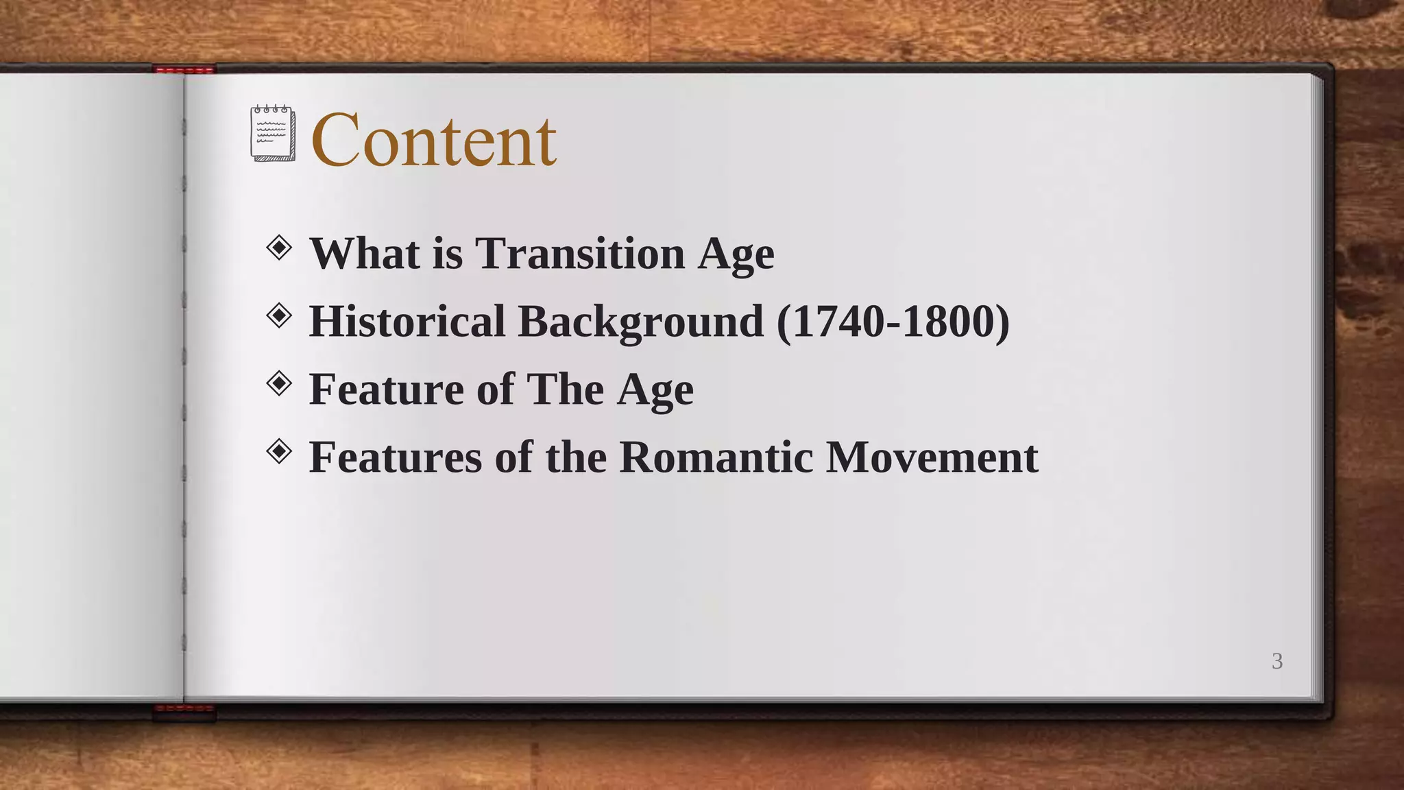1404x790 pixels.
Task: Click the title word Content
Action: point(433,141)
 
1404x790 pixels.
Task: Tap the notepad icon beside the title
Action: point(273,134)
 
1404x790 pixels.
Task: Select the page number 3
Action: point(1277,661)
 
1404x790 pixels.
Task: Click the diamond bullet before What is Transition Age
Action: point(279,248)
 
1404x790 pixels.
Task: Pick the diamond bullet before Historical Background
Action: point(279,316)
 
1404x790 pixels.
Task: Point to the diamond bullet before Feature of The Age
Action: point(279,383)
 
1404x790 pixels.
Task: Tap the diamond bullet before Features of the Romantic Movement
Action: point(279,451)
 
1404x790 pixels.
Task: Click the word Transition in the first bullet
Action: point(580,253)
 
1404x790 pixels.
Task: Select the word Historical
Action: point(407,321)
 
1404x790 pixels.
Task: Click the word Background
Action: point(640,321)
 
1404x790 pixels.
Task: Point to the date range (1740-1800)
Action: point(893,321)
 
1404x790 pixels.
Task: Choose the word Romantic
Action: point(716,457)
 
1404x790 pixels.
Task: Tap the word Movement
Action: point(932,457)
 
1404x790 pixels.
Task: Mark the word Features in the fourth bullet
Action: point(396,457)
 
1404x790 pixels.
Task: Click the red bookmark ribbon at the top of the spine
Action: point(184,69)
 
